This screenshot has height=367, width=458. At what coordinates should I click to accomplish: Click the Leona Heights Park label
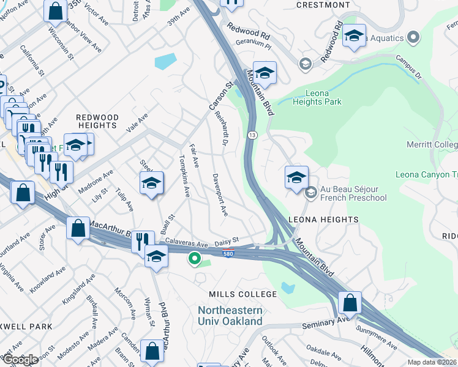315,97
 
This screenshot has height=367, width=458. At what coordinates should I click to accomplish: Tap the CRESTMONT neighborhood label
323,5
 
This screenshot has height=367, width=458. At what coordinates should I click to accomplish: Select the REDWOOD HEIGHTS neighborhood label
97,121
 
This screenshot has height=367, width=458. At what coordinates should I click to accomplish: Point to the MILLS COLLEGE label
242,294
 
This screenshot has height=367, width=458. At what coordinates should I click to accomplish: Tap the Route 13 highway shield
252,134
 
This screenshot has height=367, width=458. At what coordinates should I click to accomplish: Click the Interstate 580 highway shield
227,253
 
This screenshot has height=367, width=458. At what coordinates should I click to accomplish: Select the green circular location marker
195,259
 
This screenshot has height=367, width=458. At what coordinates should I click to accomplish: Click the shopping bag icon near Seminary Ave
348,303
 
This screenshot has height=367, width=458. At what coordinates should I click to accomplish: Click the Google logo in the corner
20,360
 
